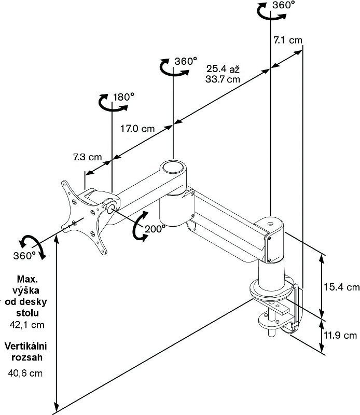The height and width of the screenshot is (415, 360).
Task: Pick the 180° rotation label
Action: (x=123, y=97)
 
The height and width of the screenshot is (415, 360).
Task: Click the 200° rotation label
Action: (x=156, y=228)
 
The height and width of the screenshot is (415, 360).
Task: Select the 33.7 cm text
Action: (x=223, y=79)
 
